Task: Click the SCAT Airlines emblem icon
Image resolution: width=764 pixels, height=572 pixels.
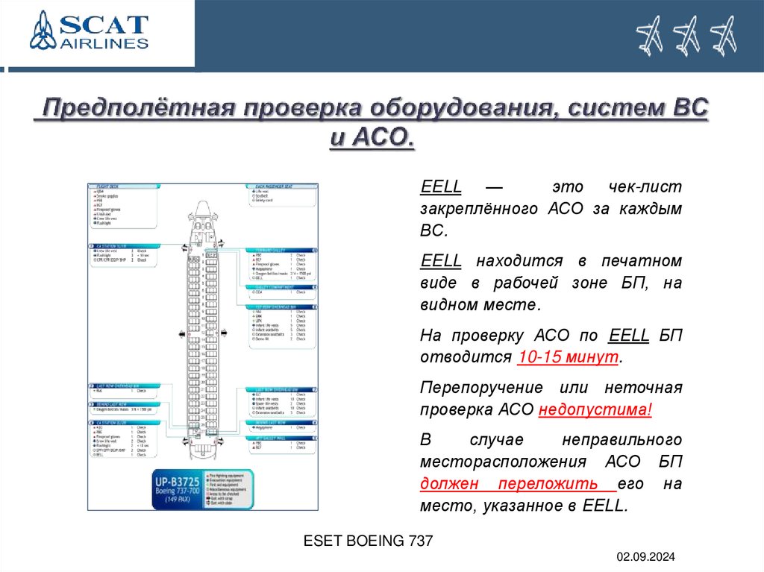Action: click(43, 31)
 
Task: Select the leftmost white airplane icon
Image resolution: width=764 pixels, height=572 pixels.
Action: click(649, 36)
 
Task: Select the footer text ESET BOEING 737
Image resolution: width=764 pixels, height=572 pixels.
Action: click(368, 541)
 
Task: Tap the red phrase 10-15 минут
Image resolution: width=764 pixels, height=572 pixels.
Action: click(568, 356)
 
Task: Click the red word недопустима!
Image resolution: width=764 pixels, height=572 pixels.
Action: click(595, 409)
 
